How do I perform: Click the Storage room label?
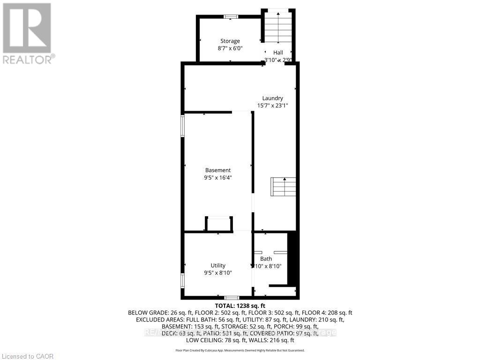(x=230, y=41)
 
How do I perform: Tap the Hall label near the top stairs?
(x=278, y=53)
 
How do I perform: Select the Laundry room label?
(x=272, y=98)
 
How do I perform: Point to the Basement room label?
(x=218, y=170)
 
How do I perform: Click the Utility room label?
(x=218, y=265)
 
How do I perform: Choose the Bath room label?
(x=266, y=259)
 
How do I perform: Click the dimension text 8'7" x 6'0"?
(x=230, y=48)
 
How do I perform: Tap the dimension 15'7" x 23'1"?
(x=272, y=105)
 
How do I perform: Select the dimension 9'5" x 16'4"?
(x=218, y=178)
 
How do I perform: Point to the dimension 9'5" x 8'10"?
(x=218, y=273)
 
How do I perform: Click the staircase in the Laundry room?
(x=284, y=187)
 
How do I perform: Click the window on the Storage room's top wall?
(x=230, y=17)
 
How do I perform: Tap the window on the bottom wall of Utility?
(x=231, y=298)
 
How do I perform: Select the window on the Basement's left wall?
(x=183, y=126)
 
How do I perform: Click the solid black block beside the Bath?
(x=292, y=258)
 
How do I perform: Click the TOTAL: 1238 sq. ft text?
(x=240, y=306)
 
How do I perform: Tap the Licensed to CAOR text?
(x=28, y=356)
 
